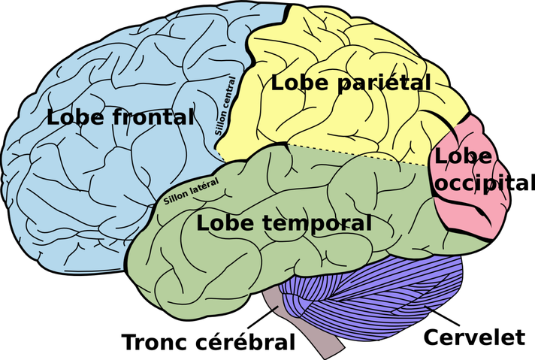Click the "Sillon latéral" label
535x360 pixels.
point(191,191)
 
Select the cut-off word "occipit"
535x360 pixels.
point(473,183)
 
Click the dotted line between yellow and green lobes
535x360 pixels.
point(353,154)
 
